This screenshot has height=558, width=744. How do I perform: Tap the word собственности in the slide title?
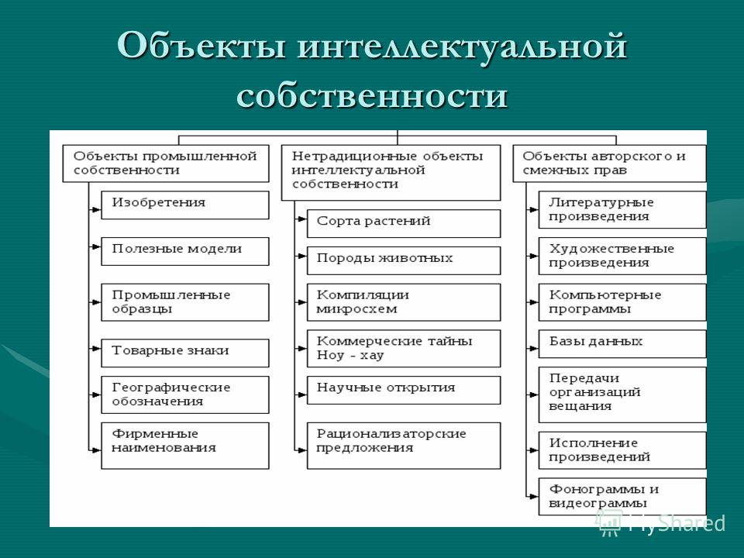click(x=372, y=95)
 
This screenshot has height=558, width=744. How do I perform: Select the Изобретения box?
click(x=185, y=205)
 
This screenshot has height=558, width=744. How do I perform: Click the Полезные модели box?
click(x=185, y=251)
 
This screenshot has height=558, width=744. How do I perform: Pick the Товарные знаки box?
click(x=185, y=353)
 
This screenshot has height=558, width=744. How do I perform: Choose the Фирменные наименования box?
click(x=185, y=446)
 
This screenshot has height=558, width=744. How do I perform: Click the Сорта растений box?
click(x=404, y=223)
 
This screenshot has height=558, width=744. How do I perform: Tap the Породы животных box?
click(x=404, y=260)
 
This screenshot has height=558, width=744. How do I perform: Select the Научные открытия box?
click(x=404, y=390)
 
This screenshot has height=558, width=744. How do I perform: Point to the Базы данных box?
click(x=622, y=343)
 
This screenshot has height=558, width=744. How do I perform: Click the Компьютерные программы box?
click(x=622, y=302)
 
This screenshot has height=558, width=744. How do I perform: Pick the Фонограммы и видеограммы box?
click(x=622, y=496)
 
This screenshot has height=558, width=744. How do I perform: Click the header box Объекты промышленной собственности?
click(x=166, y=164)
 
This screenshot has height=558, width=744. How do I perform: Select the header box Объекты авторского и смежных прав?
click(x=610, y=164)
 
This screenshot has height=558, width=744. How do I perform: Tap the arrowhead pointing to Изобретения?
click(x=97, y=209)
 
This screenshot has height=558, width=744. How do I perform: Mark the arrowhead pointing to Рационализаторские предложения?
click(x=302, y=449)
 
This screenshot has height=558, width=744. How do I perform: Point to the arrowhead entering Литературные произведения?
click(x=534, y=209)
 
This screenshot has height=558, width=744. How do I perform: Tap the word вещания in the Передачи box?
click(x=580, y=406)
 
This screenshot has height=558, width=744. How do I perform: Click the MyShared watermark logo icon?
click(x=609, y=523)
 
